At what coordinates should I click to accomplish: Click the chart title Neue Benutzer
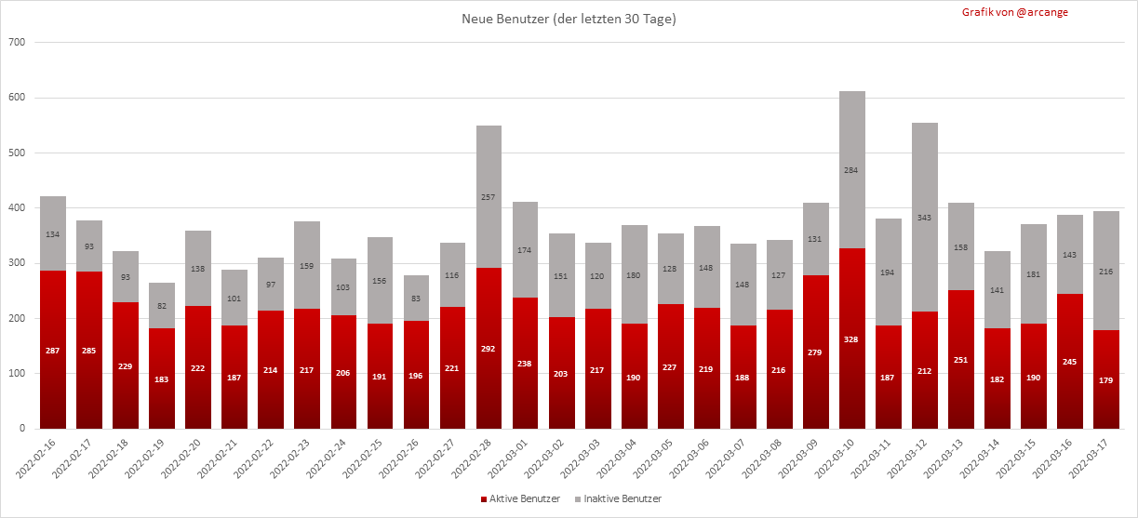pos(569,20)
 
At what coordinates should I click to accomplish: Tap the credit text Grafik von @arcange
pos(1015,12)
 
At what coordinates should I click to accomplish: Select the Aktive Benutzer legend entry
pos(521,499)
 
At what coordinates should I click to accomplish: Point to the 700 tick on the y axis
pos(16,43)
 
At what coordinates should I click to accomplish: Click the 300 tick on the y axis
pos(16,263)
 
